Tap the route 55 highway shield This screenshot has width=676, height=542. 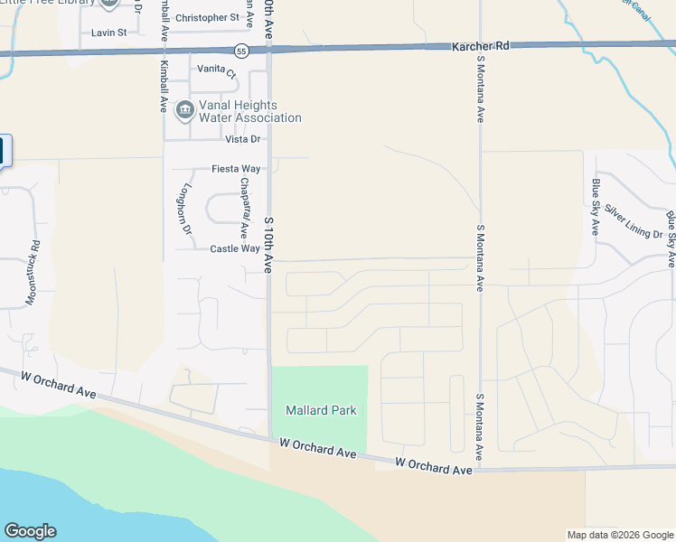point(241,51)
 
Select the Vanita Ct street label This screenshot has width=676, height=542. point(217,73)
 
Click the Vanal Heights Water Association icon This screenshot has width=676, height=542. point(184,111)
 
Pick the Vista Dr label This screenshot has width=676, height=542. point(242,139)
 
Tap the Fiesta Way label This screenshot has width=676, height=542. point(236,169)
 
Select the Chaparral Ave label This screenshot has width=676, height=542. point(244,209)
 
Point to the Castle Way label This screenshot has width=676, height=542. point(235,248)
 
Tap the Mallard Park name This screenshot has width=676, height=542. point(321,410)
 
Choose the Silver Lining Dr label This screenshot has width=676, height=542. point(634,221)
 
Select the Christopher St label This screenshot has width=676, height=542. point(207,17)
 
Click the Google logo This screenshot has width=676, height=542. point(30,531)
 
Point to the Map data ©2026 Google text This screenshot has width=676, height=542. point(619,535)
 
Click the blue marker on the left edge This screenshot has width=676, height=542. point(3,150)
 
